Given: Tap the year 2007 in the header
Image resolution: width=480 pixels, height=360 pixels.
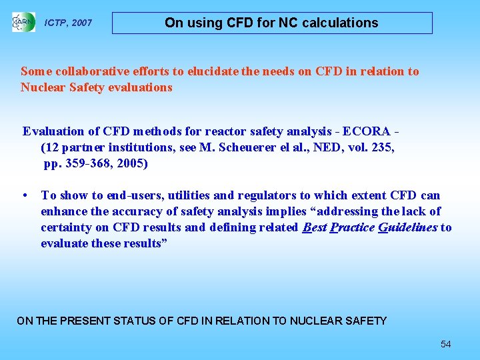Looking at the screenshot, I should click(81, 23).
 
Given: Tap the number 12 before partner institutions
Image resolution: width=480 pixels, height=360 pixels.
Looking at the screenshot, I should click(52, 147).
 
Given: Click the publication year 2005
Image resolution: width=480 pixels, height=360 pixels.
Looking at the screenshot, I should click(131, 163).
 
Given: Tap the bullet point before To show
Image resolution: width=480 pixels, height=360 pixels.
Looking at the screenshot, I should click(25, 195).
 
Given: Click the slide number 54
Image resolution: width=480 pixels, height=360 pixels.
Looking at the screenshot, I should click(445, 344).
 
